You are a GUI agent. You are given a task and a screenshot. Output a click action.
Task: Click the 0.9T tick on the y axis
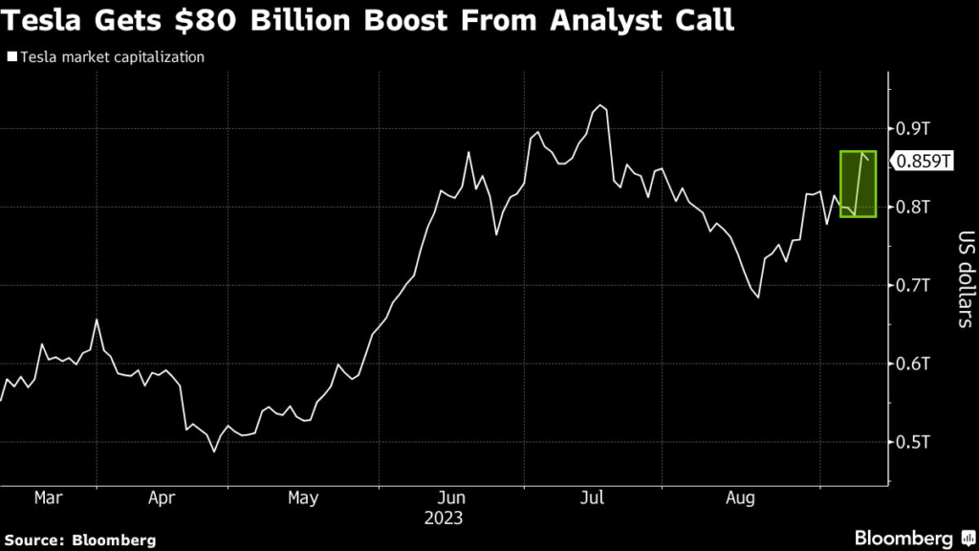pyautogui.click(x=913, y=128)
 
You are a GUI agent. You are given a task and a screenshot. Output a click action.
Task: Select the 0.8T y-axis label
pyautogui.click(x=913, y=207)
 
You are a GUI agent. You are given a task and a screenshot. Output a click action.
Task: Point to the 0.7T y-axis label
pyautogui.click(x=913, y=285)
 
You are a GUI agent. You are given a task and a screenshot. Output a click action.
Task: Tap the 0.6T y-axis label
pyautogui.click(x=913, y=364)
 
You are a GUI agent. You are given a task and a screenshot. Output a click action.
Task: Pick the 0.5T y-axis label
pyautogui.click(x=913, y=442)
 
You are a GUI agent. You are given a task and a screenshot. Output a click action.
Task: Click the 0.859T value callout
pyautogui.click(x=924, y=162)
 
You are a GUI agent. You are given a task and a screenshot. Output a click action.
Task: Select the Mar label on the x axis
pyautogui.click(x=47, y=498)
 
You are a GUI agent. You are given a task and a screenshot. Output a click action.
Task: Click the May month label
pyautogui.click(x=302, y=498)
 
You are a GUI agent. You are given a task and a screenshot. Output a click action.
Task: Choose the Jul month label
pyautogui.click(x=594, y=498)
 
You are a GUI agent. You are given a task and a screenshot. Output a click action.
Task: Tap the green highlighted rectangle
pyautogui.click(x=858, y=184)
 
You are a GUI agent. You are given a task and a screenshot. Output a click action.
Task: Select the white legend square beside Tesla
pyautogui.click(x=11, y=57)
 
